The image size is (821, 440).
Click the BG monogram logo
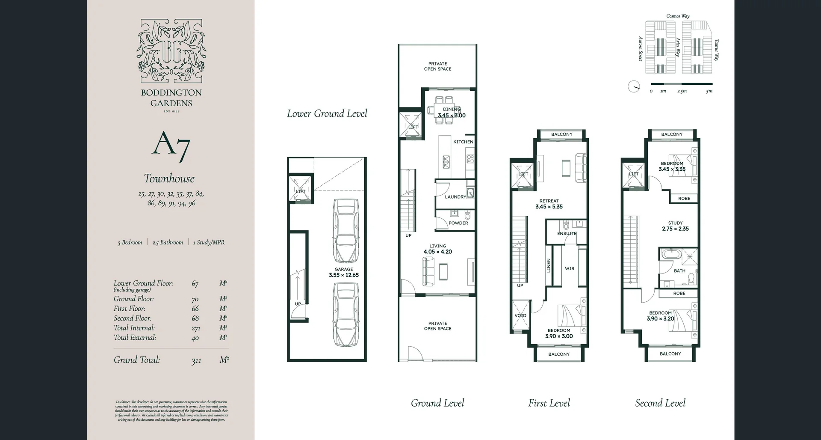coord(171,51)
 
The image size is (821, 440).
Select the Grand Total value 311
coord(196,361)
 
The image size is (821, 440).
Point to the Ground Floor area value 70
coord(195,300)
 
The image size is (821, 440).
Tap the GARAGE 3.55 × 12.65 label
coord(344,273)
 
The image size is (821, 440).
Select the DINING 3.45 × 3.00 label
coord(452,113)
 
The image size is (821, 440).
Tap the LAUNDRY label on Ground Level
coord(455,197)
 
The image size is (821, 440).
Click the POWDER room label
coord(458,223)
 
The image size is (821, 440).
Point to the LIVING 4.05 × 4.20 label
coord(437,249)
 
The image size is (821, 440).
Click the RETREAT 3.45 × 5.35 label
coord(549,204)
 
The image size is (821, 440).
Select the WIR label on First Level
coord(570,269)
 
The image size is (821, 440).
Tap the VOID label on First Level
coord(520,316)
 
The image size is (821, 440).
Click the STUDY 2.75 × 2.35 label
coord(675,226)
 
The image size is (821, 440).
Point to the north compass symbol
coord(634,86)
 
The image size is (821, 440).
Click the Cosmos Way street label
coord(678,16)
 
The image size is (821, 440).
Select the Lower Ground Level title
coord(327,113)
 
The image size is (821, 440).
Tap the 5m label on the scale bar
coord(709,91)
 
